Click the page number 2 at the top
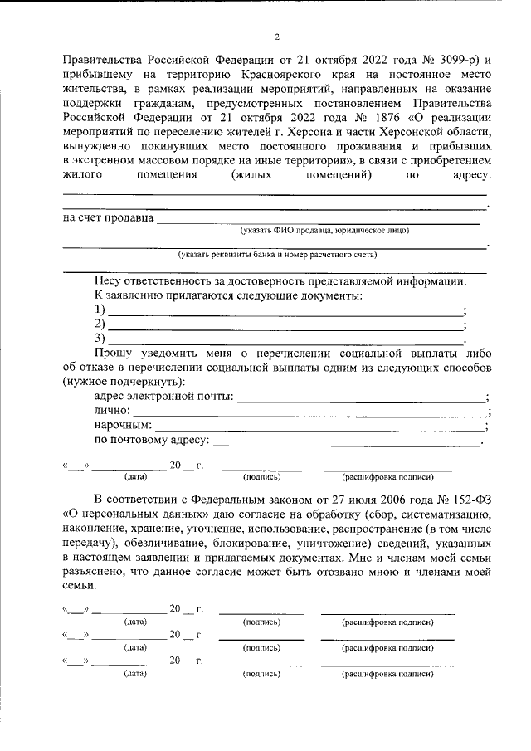(x=278, y=37)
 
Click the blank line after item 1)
(x=286, y=310)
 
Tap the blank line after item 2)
(x=286, y=324)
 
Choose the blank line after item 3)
(x=286, y=339)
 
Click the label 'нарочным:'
(x=122, y=426)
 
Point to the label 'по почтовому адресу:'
(x=152, y=440)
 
